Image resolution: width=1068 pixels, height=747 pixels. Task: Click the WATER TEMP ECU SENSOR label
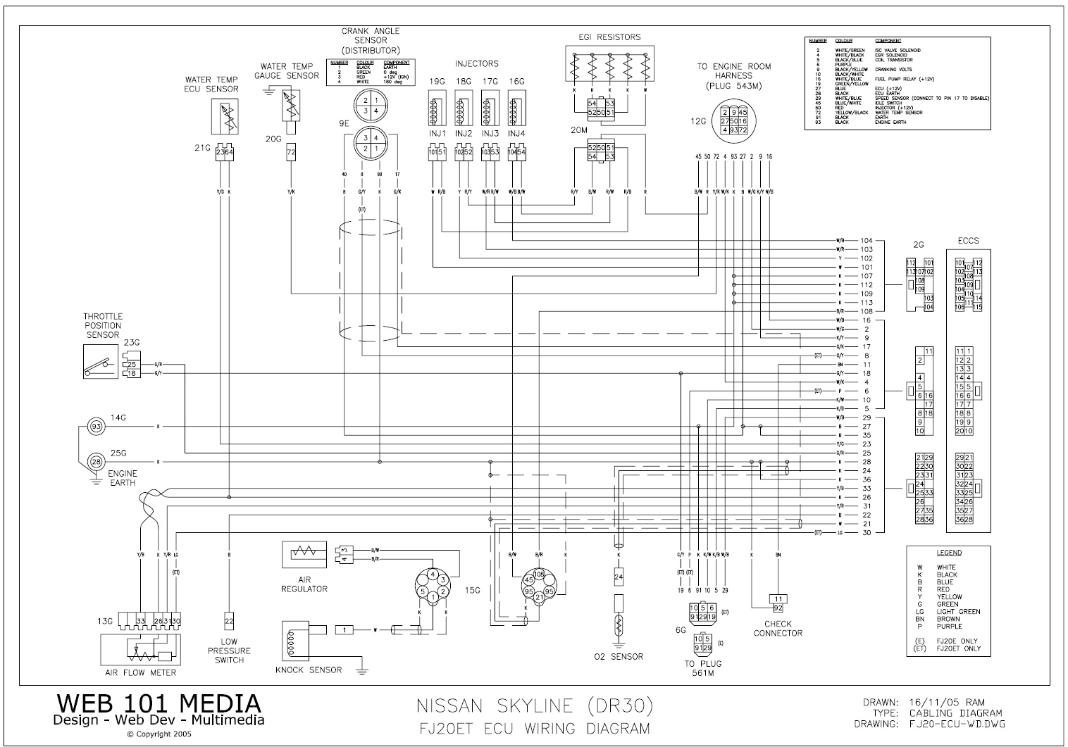tap(211, 84)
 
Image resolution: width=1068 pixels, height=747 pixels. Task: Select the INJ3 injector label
tap(490, 134)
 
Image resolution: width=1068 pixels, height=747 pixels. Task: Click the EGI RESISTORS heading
tap(607, 37)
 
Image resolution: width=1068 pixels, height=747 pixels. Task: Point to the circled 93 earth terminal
tap(96, 427)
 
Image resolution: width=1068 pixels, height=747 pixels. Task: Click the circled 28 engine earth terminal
tap(96, 461)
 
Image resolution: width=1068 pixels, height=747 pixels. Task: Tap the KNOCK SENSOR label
tap(309, 670)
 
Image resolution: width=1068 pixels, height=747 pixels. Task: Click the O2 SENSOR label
tap(619, 657)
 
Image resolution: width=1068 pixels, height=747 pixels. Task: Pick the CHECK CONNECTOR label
tap(778, 628)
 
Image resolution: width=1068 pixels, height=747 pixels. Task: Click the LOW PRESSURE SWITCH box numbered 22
tap(230, 620)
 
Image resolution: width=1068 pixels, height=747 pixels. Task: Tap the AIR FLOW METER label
tap(141, 672)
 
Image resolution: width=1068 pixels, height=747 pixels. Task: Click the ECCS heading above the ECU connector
tap(968, 241)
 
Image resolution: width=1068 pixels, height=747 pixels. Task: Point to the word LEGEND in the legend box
tap(949, 553)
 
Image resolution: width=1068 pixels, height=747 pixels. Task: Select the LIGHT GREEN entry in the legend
tap(958, 611)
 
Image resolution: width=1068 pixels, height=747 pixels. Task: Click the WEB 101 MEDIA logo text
tap(159, 703)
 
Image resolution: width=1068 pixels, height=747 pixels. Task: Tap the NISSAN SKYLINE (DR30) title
tap(535, 705)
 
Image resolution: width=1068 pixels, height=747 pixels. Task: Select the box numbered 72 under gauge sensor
tap(291, 152)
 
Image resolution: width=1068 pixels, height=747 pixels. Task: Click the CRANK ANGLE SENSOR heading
tap(371, 40)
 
